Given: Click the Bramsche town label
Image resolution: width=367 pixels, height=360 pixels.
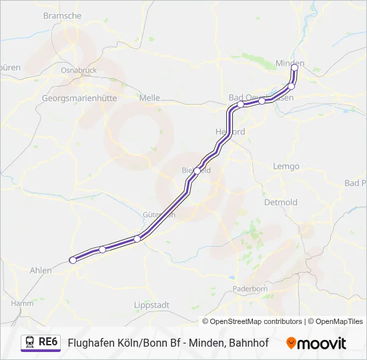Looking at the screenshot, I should point(62,15).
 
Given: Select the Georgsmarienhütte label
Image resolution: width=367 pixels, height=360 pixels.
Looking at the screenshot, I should point(75,97).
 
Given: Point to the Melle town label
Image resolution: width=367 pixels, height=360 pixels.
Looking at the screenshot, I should point(149,97).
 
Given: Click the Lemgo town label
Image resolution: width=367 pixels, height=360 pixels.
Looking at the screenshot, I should point(286,166).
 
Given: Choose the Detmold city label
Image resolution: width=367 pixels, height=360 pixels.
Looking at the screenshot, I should point(281,201).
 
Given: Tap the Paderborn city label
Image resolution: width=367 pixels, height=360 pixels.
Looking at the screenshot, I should point(250,289).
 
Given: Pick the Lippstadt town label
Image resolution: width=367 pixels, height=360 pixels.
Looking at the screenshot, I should point(151,305).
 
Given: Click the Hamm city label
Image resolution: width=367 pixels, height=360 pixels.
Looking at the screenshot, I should point(22,303).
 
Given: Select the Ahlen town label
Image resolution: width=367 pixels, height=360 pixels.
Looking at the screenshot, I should point(41,270).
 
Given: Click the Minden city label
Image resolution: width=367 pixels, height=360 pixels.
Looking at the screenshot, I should point(290,63).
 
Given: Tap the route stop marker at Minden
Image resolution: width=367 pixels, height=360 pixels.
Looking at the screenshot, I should point(294,67).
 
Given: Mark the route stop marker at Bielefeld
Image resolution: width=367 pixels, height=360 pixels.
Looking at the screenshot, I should point(197,171).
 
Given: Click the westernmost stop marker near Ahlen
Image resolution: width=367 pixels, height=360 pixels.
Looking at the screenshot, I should point(73,260).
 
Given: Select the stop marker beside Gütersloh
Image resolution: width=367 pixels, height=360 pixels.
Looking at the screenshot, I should point(137,239).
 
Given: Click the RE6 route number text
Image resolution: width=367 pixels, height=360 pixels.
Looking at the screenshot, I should point(49,341).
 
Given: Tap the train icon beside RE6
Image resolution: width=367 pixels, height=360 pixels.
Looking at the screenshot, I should point(30,342).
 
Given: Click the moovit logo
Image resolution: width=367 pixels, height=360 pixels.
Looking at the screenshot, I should point(316,343).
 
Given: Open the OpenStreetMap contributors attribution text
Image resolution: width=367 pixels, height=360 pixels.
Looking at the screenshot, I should point(252,321).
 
